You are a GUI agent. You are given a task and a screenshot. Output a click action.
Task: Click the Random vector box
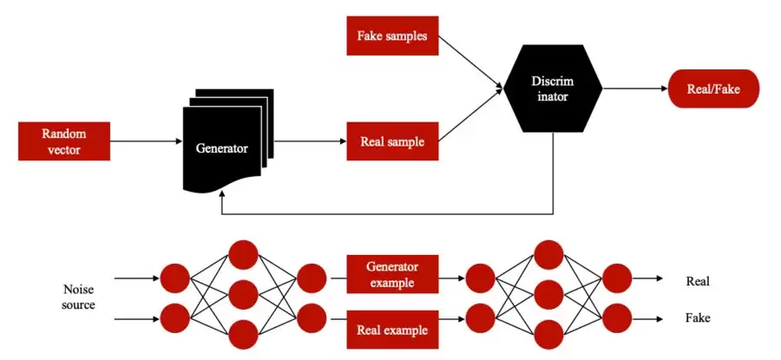pos(64,141)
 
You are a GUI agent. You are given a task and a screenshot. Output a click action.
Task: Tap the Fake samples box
pos(392,36)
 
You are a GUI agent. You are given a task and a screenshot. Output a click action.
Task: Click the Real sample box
pos(392,141)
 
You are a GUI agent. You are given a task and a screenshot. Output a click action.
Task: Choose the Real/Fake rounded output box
pos(713,88)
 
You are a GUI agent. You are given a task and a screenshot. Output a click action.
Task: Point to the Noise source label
pos(79,297)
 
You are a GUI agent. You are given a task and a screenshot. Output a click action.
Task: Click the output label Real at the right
pos(697,281)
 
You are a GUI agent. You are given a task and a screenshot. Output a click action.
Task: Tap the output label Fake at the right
pos(697,318)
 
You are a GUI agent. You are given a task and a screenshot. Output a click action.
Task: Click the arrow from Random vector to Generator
pos(145,141)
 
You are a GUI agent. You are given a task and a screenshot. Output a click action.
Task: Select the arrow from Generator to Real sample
pos(310,141)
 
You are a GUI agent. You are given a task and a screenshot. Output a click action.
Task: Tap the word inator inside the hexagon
pos(553,97)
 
